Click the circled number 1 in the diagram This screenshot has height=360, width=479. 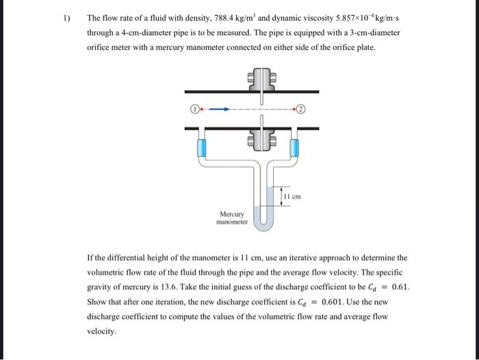[194, 108]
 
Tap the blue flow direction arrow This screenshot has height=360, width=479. [217, 108]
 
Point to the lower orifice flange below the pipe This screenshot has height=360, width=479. [262, 138]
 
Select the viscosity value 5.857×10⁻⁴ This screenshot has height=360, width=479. [344, 18]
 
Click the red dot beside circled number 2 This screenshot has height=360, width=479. [296, 108]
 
